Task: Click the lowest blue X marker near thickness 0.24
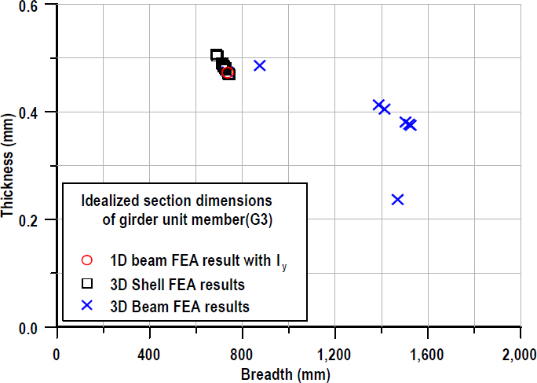point(397,200)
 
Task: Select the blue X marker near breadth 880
point(260,65)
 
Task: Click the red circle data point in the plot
point(228,73)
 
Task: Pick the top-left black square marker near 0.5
point(217,55)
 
